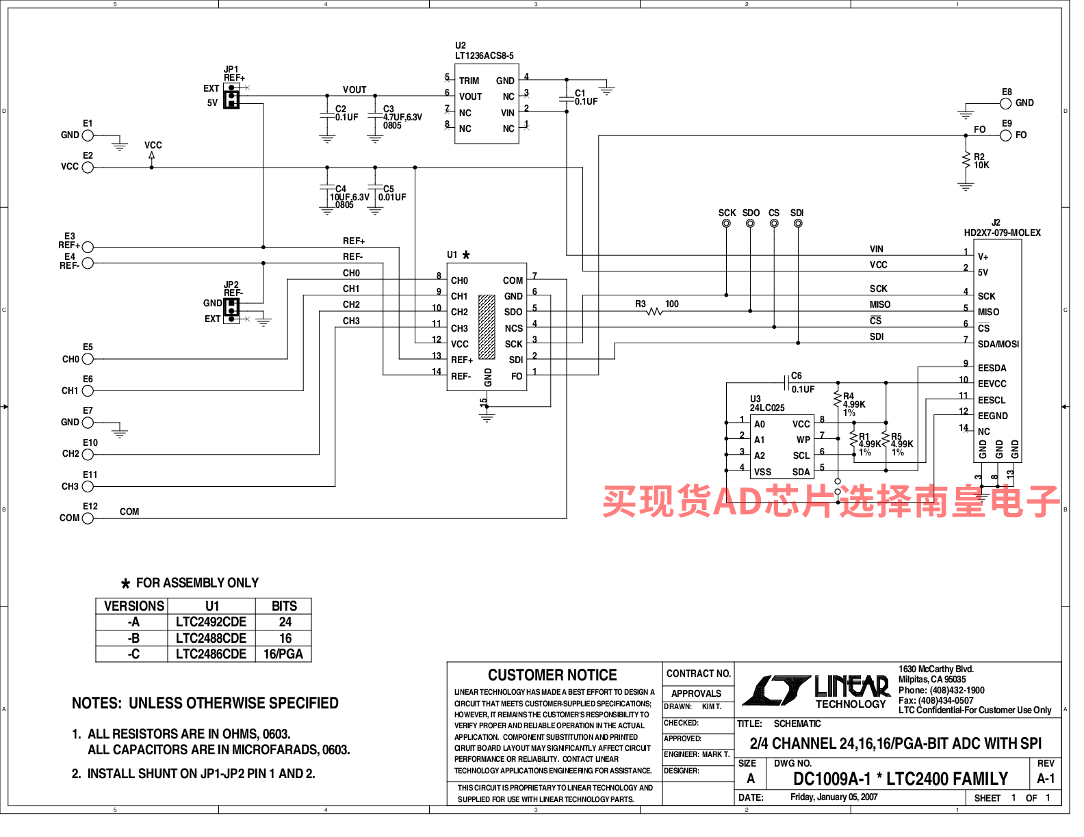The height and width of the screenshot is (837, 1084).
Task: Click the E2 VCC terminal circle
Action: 88,168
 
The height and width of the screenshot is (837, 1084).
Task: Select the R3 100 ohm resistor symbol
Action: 654,312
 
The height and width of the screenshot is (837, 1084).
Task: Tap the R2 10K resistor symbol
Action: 966,161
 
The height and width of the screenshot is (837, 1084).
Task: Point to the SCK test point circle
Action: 726,224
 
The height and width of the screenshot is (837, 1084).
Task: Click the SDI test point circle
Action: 798,224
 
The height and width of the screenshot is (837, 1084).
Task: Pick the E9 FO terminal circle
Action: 1006,135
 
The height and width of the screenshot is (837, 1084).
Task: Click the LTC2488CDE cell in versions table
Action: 211,639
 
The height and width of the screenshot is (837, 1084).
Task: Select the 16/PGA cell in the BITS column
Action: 283,654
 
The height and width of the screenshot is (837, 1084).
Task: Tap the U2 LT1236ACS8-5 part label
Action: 484,51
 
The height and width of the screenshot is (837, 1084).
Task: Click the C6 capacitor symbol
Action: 786,383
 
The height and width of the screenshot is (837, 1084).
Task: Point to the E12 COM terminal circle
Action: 88,518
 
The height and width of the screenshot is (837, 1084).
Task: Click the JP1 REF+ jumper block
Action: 231,96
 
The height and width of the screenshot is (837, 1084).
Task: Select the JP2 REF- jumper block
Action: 231,311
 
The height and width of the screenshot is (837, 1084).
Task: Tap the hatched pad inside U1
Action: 487,327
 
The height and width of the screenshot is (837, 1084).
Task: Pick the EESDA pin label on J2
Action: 992,369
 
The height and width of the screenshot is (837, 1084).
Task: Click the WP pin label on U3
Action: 803,440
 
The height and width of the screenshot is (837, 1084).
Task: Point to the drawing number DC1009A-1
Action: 831,779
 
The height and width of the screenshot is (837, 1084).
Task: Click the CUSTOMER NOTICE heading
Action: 552,675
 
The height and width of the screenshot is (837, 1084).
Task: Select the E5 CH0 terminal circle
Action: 88,359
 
